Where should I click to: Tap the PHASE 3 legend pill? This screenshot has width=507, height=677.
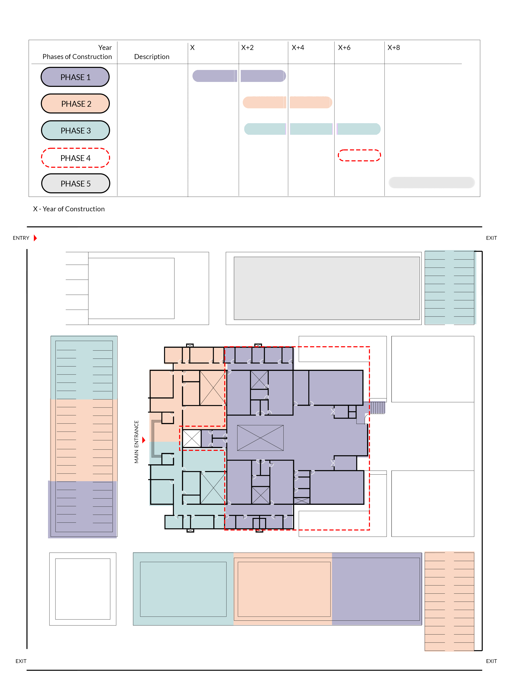75,130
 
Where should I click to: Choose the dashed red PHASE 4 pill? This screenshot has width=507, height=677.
75,158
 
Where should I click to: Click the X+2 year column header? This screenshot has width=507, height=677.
247,47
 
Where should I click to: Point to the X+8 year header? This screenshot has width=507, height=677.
394,47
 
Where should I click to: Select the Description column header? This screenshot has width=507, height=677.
152,57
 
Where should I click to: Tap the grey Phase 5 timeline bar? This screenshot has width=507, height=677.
432,182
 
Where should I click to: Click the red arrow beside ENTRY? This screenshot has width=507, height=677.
35,238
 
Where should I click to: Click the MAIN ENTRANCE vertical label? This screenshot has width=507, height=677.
136,442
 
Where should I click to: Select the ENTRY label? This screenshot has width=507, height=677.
21,238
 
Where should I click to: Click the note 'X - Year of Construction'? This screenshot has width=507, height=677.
69,209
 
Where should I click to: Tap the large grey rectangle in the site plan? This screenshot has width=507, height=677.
327,288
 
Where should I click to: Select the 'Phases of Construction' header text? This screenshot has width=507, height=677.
77,57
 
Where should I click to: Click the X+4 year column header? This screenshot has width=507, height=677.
298,47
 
